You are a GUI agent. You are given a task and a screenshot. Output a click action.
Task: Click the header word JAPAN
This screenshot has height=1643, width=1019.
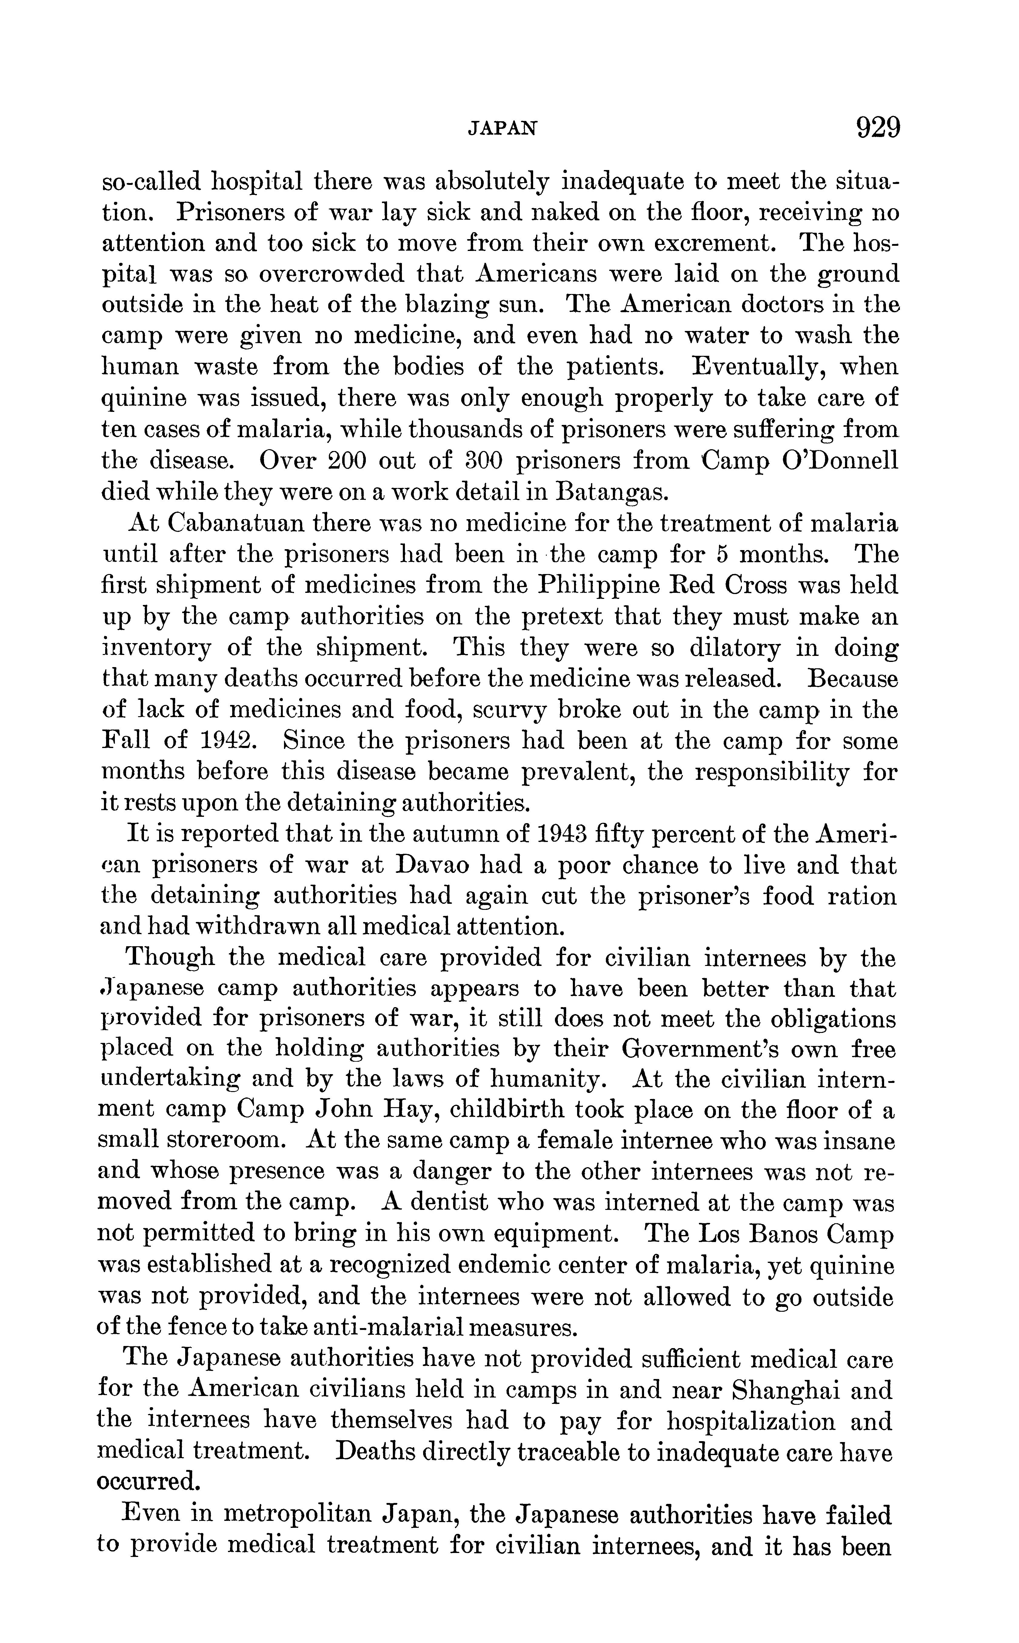(503, 128)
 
